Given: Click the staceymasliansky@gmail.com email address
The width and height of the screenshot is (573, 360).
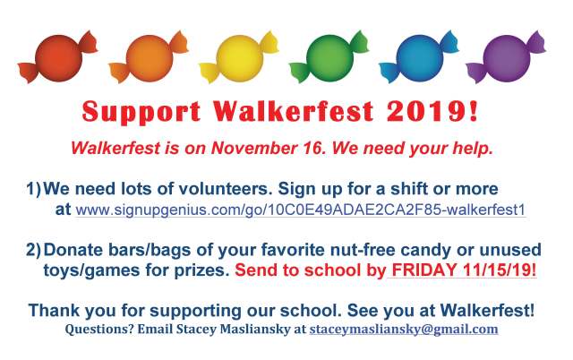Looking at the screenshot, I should tap(403, 330).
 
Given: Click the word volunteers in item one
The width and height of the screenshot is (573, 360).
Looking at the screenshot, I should tap(208, 190).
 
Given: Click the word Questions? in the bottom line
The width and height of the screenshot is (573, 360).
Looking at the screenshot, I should tap(96, 330).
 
